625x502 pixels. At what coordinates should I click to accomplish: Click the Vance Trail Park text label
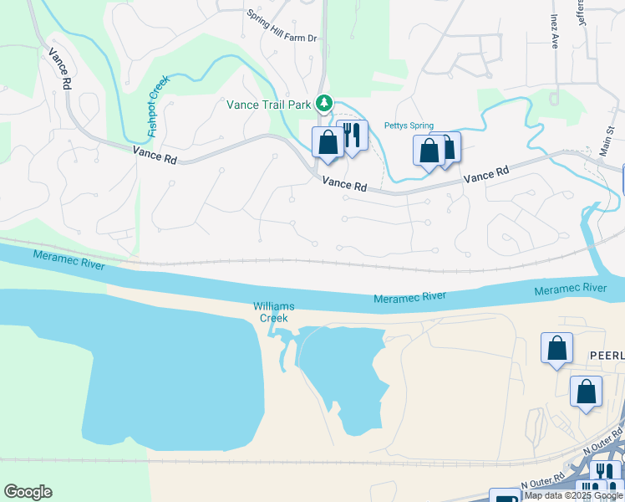(268, 105)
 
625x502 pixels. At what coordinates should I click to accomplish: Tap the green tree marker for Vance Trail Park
(324, 104)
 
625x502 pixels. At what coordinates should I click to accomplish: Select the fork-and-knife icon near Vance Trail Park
(353, 135)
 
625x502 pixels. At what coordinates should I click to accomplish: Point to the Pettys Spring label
(409, 126)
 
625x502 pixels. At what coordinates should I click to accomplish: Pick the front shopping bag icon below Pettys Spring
(429, 151)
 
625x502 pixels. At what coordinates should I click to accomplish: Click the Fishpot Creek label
(158, 106)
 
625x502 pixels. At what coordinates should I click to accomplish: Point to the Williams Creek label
(272, 312)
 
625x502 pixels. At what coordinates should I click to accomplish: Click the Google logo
(28, 492)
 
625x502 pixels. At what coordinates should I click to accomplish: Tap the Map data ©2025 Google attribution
(574, 495)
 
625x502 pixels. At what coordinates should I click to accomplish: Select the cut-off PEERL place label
(606, 355)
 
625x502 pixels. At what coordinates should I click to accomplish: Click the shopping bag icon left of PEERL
(556, 348)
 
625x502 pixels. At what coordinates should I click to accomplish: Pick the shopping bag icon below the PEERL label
(587, 392)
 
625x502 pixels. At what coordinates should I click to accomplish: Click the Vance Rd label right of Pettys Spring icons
(486, 175)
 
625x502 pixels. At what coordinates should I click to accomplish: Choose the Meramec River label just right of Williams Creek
(409, 298)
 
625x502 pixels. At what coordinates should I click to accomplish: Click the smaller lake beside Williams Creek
(341, 376)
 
